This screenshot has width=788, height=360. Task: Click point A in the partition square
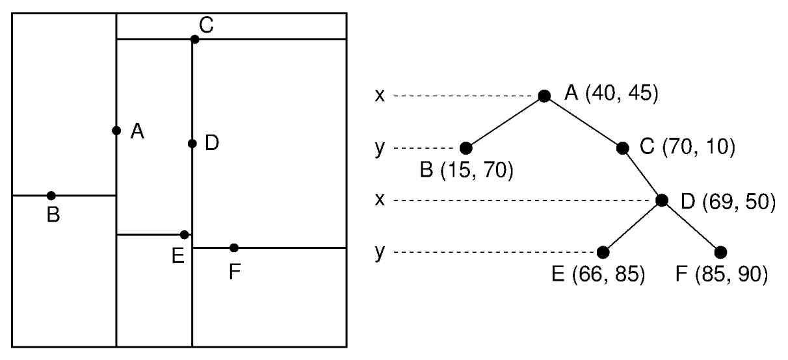116,131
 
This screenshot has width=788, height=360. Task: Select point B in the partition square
51,196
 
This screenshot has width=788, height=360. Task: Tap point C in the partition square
194,40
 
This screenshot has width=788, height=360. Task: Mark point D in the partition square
192,144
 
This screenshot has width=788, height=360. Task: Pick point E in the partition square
185,235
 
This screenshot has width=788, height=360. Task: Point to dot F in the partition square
234,248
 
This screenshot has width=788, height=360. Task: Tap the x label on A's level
380,96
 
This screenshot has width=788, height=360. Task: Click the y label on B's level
380,148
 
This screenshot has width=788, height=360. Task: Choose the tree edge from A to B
505,122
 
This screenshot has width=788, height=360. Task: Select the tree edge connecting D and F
691,226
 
